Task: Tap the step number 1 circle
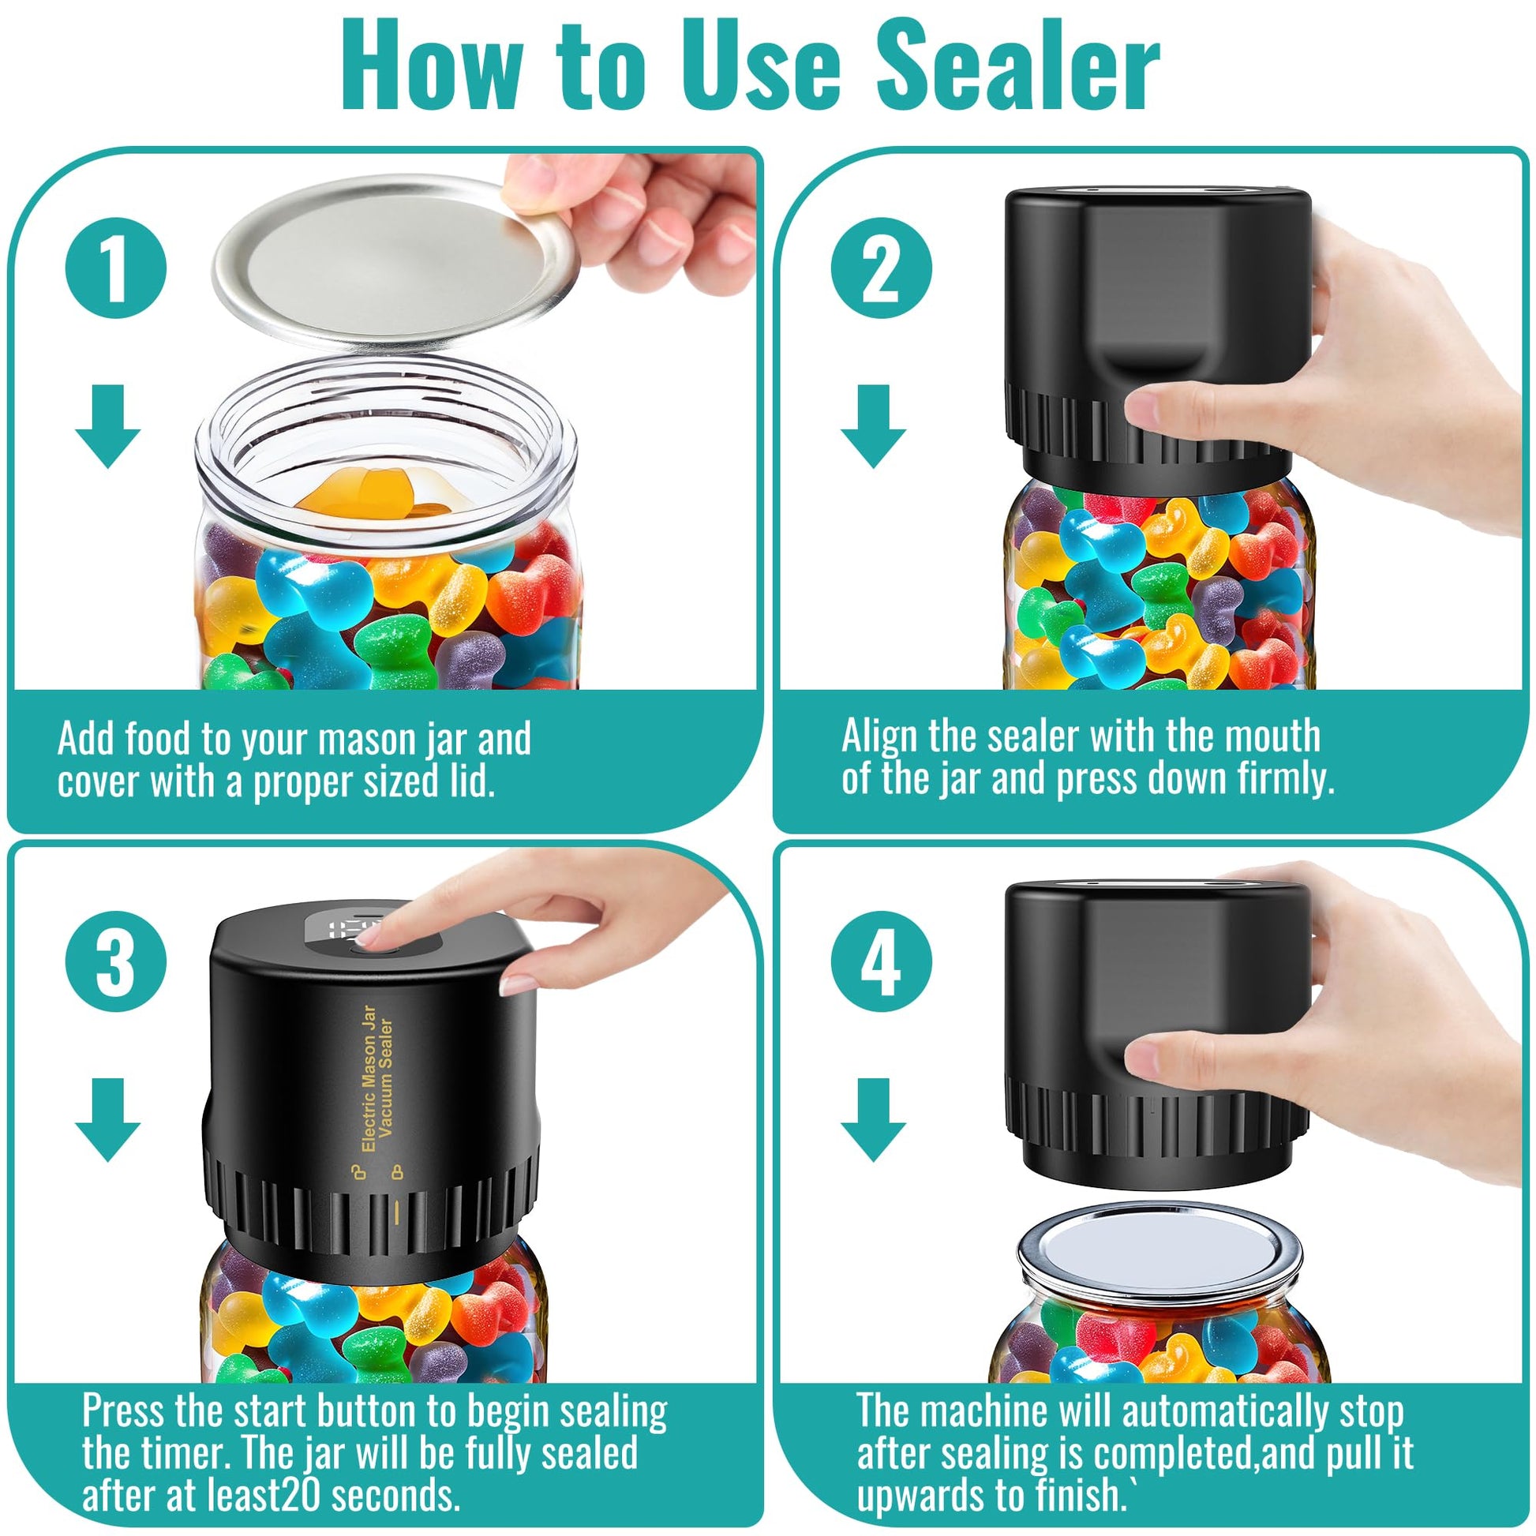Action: [116, 268]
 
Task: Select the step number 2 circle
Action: [881, 268]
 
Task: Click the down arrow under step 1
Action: [108, 425]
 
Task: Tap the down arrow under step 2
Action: [873, 425]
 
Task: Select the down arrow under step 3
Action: [108, 1119]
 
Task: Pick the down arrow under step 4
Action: [873, 1119]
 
